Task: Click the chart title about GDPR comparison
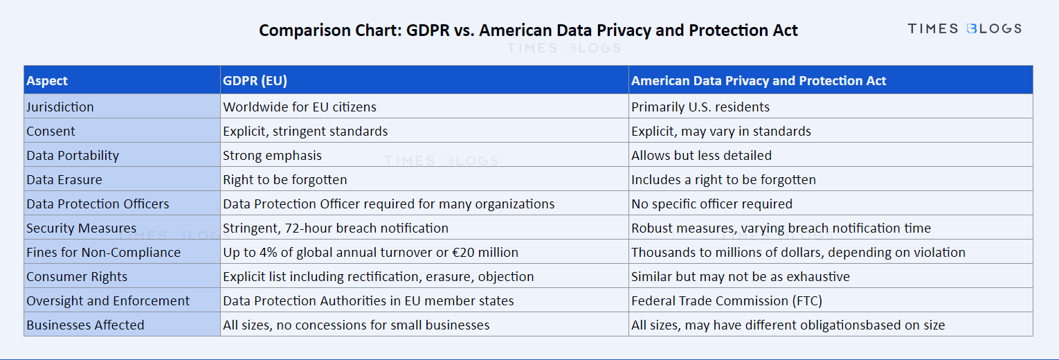click(528, 30)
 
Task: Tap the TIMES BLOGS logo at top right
click(964, 28)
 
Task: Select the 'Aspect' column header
click(47, 80)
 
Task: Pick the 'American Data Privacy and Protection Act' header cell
click(759, 80)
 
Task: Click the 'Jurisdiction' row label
click(60, 107)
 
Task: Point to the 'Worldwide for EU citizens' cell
click(299, 107)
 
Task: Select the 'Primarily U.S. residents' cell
click(700, 107)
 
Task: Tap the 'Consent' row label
click(51, 131)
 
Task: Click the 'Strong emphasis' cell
click(272, 155)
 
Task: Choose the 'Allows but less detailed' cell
click(701, 155)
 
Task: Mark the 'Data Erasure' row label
click(64, 179)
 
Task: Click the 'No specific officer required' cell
click(712, 204)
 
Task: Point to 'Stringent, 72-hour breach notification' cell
click(335, 228)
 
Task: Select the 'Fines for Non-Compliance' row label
click(103, 252)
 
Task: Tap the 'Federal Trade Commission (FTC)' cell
click(726, 300)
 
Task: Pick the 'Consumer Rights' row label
click(77, 276)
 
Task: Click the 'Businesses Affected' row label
click(85, 325)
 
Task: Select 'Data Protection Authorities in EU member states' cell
click(368, 300)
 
